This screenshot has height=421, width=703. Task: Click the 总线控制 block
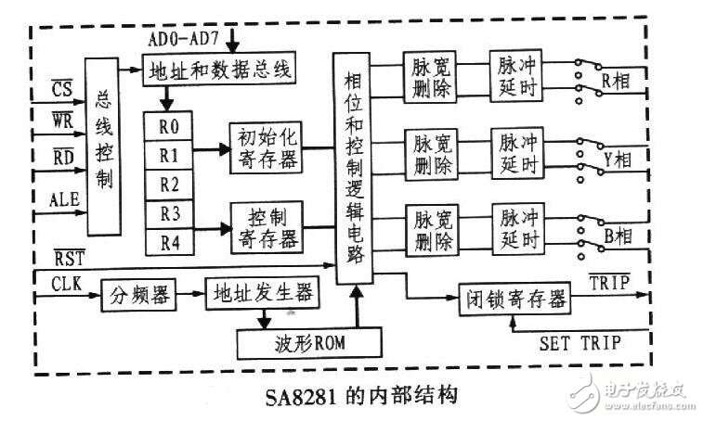(x=103, y=147)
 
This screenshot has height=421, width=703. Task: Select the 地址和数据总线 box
(x=219, y=69)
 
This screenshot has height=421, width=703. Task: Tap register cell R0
(x=169, y=126)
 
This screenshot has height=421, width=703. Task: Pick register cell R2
(x=169, y=185)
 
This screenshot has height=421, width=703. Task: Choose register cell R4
(x=169, y=242)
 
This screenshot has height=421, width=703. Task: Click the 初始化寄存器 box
(x=266, y=147)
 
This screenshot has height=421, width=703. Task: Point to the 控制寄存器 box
(x=267, y=227)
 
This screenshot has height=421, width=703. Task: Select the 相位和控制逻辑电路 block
(x=353, y=168)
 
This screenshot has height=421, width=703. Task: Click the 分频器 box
(x=138, y=295)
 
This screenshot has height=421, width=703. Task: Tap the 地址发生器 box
(x=262, y=293)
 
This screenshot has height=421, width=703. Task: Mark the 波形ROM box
(x=309, y=343)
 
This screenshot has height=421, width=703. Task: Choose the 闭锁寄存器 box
(x=515, y=299)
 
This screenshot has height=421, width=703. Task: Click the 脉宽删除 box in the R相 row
(x=430, y=77)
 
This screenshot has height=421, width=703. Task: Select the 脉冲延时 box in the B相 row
(x=519, y=229)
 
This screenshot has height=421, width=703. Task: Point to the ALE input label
(x=65, y=199)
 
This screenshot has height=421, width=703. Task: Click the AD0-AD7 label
(x=183, y=39)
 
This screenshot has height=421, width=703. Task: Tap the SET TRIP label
(x=580, y=344)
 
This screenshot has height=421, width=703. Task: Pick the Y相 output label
(x=618, y=159)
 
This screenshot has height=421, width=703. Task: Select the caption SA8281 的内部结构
(x=361, y=396)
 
